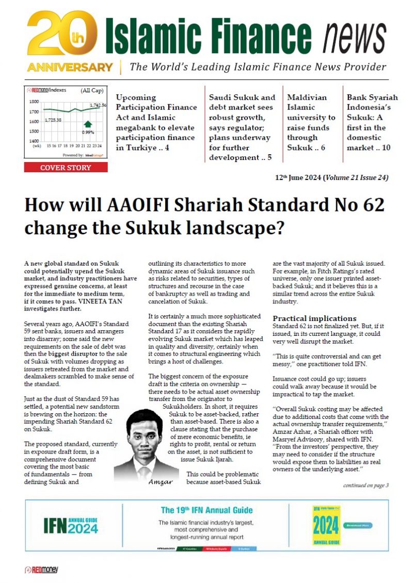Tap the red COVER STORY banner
click(x=66, y=168)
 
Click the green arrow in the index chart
click(x=88, y=124)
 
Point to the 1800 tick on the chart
click(x=34, y=102)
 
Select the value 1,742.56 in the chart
click(x=98, y=105)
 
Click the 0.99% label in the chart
click(x=88, y=133)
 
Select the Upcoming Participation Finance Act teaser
click(x=156, y=122)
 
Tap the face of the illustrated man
click(x=143, y=431)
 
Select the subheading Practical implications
click(x=314, y=318)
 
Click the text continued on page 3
click(x=366, y=485)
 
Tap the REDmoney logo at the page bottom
click(x=41, y=570)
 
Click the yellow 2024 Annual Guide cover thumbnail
click(x=326, y=525)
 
